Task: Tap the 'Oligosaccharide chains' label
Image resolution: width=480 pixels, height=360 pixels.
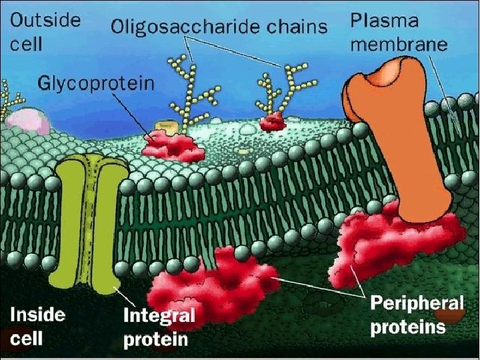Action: click(219, 27)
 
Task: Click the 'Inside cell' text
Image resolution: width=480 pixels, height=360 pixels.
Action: click(37, 326)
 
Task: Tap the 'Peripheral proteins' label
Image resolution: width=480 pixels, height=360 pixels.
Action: click(417, 315)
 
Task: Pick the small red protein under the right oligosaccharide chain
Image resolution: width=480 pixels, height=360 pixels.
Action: click(273, 123)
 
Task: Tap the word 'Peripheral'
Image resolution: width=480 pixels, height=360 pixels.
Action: click(417, 303)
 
